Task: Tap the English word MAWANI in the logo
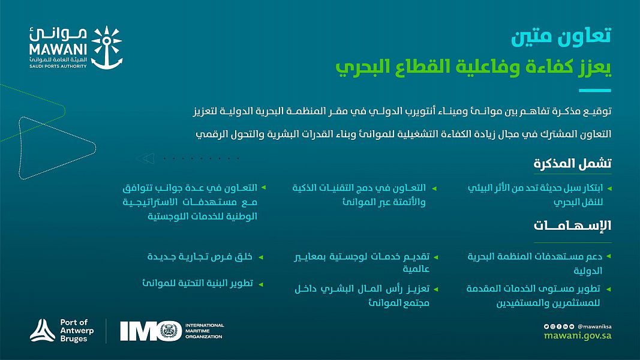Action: coord(58,49)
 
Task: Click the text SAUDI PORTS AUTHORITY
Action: coord(58,66)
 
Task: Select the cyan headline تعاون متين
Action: coord(561,36)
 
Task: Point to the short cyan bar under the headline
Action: coord(594,90)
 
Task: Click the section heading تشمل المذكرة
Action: coord(572,164)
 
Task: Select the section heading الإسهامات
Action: coord(572,226)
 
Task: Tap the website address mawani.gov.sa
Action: coord(578,336)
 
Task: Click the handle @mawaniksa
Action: coord(594,326)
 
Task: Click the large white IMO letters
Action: coord(151,331)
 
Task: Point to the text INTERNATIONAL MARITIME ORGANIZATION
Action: coord(205,331)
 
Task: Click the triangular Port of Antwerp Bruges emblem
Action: coord(43,330)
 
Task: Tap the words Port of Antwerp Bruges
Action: coord(77,331)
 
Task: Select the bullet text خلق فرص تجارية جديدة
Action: coord(200,257)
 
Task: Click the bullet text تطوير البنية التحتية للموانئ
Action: coord(197,283)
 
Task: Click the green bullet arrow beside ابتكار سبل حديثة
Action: coord(609,188)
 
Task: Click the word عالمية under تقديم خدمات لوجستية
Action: coord(416,269)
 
